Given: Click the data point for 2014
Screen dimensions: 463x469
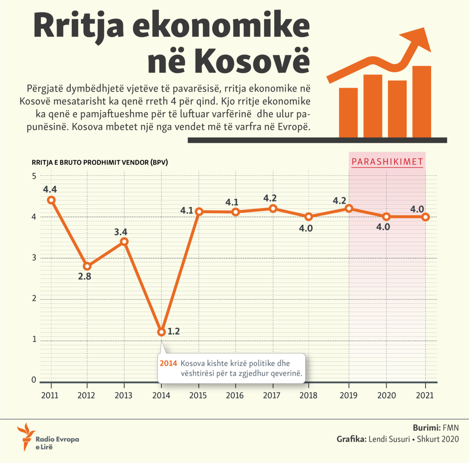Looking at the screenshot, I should point(161,332).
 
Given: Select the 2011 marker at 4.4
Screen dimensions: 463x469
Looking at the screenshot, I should point(51,200).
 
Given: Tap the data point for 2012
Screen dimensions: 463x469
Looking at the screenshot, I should point(87,266).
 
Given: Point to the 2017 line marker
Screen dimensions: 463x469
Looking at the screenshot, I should point(273,208).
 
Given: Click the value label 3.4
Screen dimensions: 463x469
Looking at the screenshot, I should point(121,232).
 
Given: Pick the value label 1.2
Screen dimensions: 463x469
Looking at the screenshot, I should point(174,332).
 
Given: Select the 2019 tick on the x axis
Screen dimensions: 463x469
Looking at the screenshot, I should point(348,395).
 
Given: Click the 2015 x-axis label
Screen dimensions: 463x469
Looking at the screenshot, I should point(199,395).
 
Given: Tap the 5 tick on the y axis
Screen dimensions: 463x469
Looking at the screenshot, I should point(34,176).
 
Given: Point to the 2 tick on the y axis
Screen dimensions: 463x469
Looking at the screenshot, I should point(34,299).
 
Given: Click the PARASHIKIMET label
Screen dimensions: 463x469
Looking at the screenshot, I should point(387,162).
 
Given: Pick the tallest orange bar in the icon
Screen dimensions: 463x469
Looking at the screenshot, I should point(422,101).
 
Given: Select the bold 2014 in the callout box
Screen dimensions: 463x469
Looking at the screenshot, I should point(168,363).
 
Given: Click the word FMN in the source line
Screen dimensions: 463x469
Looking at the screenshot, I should point(450,427).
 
